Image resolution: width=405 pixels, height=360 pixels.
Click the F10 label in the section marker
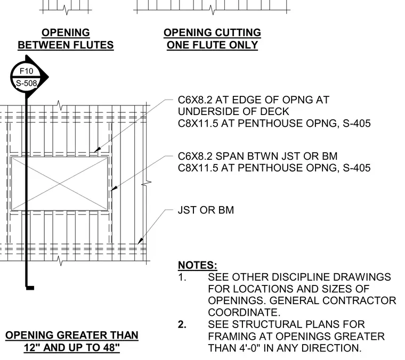pyautogui.click(x=26, y=71)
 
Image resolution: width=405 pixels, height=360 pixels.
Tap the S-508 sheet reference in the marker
pyautogui.click(x=26, y=83)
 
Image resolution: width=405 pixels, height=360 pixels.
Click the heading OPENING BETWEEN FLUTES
pyautogui.click(x=66, y=39)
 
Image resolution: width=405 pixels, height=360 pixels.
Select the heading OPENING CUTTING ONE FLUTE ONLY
pyautogui.click(x=212, y=39)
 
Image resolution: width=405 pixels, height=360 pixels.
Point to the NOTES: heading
pyautogui.click(x=198, y=265)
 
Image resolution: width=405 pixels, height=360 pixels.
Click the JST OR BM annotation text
pyautogui.click(x=206, y=210)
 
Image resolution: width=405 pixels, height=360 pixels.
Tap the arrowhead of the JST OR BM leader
pyautogui.click(x=140, y=241)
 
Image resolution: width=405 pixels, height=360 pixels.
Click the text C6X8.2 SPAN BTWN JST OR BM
pyautogui.click(x=257, y=156)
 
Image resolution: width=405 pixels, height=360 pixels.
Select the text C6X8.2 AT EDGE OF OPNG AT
pyautogui.click(x=253, y=100)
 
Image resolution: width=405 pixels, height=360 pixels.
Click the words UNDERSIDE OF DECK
pyautogui.click(x=233, y=111)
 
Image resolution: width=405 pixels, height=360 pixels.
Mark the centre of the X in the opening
pyautogui.click(x=60, y=184)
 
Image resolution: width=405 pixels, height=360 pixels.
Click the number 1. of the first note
pyautogui.click(x=182, y=277)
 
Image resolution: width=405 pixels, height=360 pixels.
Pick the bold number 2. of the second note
pyautogui.click(x=182, y=324)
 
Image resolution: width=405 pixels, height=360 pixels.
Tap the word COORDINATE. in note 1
pyautogui.click(x=244, y=312)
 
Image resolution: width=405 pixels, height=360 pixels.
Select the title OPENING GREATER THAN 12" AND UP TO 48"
pyautogui.click(x=72, y=341)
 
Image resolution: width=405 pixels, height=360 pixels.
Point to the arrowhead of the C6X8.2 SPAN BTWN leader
pyautogui.click(x=114, y=188)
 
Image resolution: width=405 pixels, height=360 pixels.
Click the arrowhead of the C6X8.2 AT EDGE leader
pyautogui.click(x=97, y=150)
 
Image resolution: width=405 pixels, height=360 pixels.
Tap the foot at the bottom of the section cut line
pyautogui.click(x=30, y=288)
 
